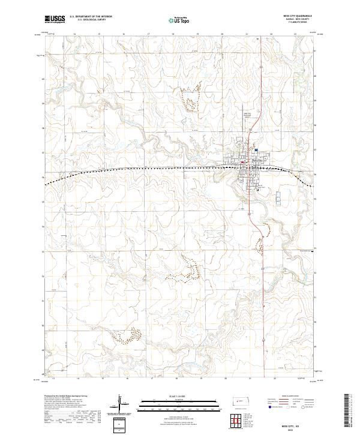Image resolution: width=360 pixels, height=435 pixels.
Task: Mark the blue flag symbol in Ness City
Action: tap(256, 150)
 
